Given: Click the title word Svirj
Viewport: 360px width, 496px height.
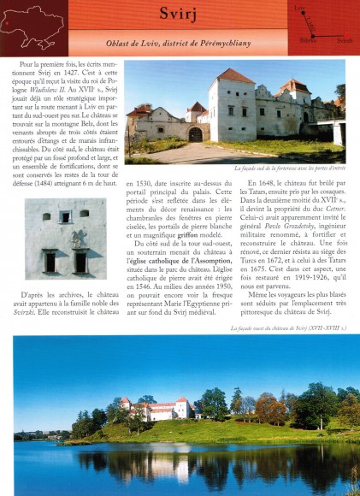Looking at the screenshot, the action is [x=180, y=14].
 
